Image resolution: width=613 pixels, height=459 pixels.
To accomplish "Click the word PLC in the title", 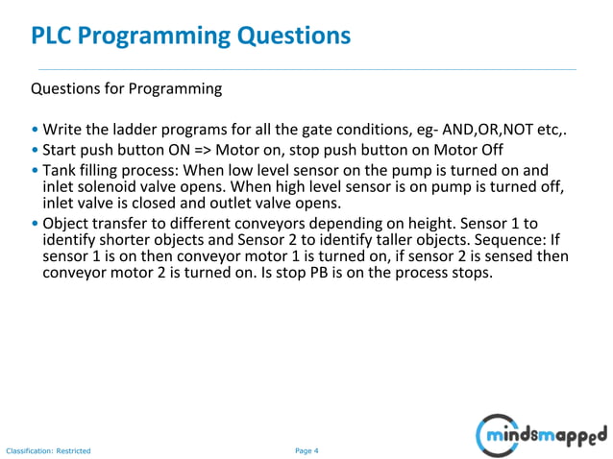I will [51, 36].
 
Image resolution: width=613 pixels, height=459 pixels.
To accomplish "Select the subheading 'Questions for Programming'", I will [127, 89].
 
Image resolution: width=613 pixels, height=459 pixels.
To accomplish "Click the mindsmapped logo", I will [542, 434].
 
